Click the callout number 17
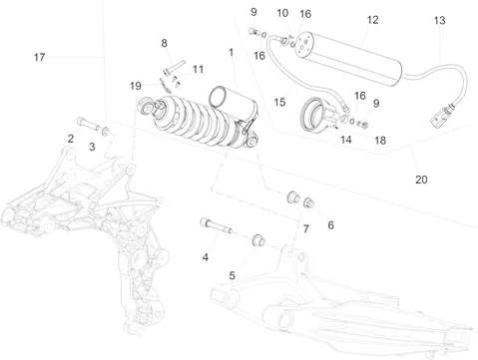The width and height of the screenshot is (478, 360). [39, 57]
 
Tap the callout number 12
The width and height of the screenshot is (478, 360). [372, 20]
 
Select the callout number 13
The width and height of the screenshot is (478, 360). [439, 21]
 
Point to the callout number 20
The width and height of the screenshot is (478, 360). [421, 180]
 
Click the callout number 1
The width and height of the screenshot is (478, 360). [231, 52]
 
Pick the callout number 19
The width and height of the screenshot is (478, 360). [136, 86]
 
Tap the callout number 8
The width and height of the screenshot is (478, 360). [164, 43]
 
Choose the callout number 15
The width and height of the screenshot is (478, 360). [279, 102]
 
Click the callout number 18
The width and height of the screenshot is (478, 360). [380, 141]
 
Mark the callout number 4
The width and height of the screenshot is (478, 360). [206, 257]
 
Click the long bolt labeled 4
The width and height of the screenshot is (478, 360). [216, 225]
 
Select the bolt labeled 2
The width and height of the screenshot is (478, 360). [88, 124]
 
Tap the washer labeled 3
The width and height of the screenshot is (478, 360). [106, 131]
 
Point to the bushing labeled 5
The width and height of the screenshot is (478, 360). [258, 239]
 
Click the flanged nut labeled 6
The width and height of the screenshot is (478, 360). [308, 202]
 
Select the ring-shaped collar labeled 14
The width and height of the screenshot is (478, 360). [317, 115]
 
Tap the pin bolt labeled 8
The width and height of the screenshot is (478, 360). [174, 67]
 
